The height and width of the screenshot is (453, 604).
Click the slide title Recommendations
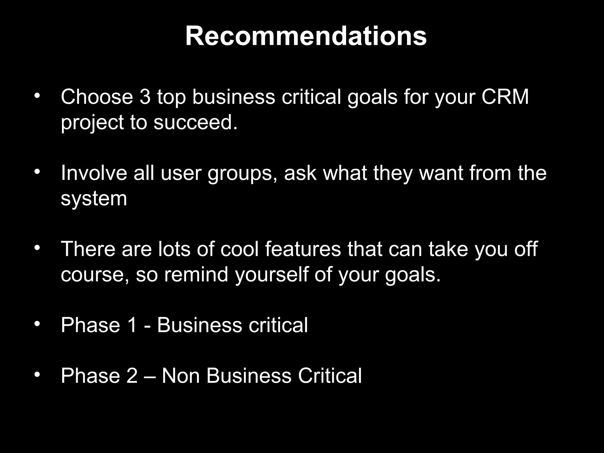tap(306, 36)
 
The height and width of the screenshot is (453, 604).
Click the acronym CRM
tap(505, 97)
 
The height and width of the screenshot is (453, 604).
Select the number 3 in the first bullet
tap(145, 97)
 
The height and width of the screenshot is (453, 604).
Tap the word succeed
tap(195, 122)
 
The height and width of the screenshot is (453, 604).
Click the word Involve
tap(94, 173)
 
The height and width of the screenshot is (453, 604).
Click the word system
tap(94, 199)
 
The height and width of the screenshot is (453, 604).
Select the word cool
tap(239, 249)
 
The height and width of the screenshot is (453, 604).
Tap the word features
tap(303, 249)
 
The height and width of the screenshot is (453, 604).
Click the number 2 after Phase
tap(132, 376)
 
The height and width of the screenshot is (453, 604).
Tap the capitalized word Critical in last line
tap(330, 376)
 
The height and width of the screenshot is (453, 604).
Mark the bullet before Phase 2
tap(37, 375)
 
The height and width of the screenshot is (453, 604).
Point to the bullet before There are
tap(37, 248)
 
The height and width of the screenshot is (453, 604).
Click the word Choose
tap(97, 97)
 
